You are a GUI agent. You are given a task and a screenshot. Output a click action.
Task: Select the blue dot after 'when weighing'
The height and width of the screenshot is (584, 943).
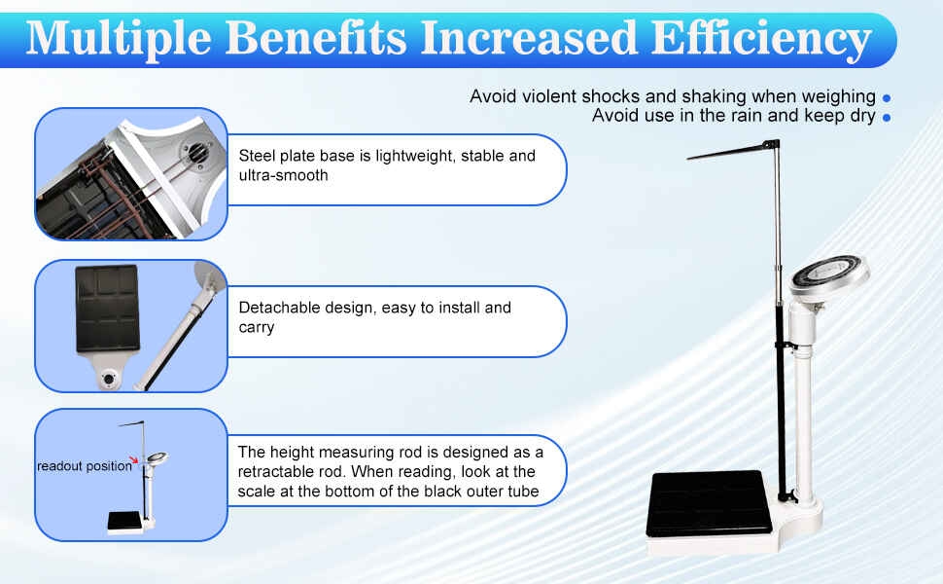point(887,97)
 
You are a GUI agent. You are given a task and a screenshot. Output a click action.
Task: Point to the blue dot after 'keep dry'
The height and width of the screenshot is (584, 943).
point(887,118)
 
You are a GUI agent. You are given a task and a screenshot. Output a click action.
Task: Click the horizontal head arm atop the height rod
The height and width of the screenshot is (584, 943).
point(729,151)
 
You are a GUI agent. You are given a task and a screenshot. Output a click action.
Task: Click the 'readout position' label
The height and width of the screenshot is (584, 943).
point(83,466)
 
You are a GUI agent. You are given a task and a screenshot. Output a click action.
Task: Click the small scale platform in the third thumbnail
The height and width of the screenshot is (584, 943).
point(127,522)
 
